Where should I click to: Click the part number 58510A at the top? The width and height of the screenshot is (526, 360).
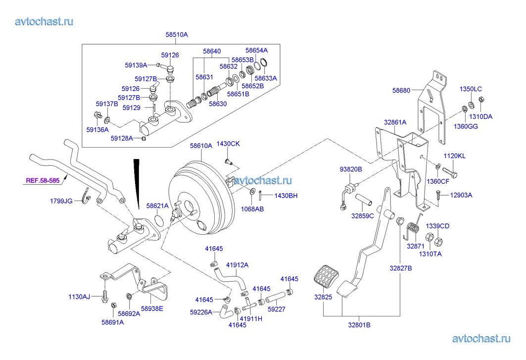177,35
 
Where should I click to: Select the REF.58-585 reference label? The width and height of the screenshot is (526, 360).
43,181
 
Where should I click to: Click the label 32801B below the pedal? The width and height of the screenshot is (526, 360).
359,325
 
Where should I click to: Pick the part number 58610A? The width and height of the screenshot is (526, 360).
201,146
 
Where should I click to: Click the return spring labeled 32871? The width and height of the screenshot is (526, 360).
414,229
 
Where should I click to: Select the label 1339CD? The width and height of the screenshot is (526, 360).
438,226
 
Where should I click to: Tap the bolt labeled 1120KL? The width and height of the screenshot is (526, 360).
454,174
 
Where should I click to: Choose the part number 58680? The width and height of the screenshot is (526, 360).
401,91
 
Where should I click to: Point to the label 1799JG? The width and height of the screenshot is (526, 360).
61,201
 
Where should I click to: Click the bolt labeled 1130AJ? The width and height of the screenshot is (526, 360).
104,297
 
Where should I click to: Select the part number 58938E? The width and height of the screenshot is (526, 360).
152,309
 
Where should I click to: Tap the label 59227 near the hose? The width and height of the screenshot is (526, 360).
277,309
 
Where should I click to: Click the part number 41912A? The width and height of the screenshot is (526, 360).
238,265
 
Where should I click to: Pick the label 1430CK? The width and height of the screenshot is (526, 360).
228,144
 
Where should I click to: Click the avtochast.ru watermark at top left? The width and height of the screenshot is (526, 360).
45,21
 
